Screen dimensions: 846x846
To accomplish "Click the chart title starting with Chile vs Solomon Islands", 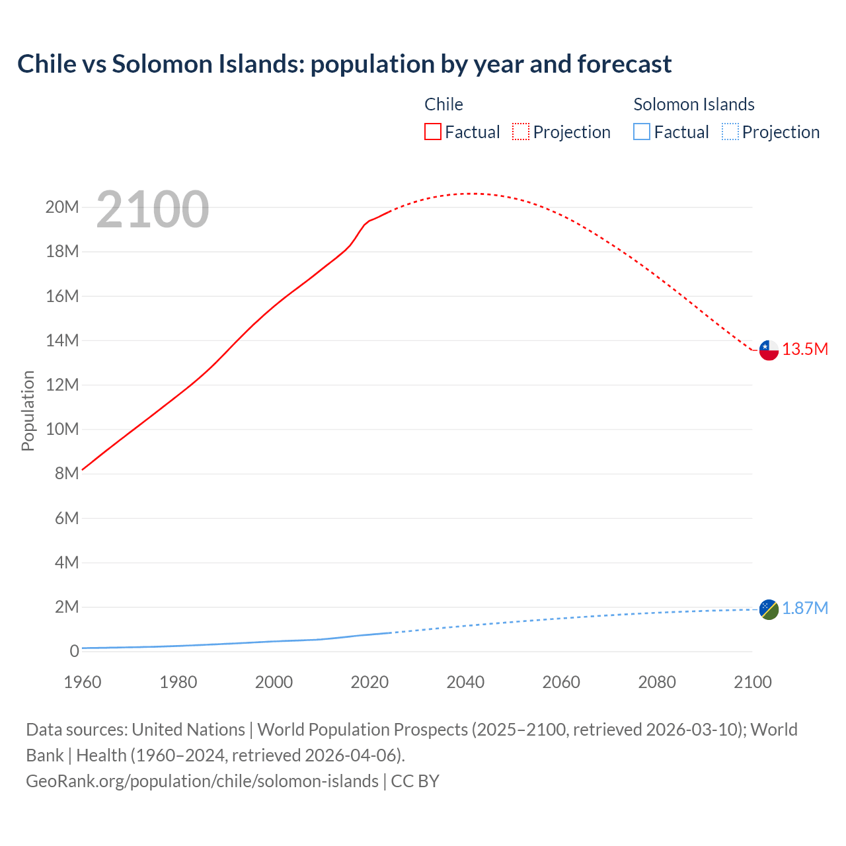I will [344, 64].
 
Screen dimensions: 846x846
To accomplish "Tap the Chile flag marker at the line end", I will [769, 350].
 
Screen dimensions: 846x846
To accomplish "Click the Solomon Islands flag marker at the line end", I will [769, 609].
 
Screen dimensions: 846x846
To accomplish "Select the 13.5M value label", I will [805, 350].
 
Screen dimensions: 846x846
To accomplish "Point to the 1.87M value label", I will [805, 609].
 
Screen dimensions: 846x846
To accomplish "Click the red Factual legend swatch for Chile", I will [433, 132].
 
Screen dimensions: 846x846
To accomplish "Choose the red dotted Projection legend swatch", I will [521, 132].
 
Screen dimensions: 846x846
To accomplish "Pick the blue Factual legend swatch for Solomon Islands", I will [642, 132].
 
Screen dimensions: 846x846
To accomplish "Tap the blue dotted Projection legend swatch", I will [730, 132].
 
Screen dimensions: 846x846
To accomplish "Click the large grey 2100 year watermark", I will [153, 210].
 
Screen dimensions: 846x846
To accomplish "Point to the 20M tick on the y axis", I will [62, 208].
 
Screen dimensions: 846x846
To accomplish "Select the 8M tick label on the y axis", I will [67, 474].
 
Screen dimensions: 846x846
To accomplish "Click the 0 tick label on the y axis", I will [74, 652].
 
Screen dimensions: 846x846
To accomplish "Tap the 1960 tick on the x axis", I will [83, 682].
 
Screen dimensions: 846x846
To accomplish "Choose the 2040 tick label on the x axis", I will [465, 682].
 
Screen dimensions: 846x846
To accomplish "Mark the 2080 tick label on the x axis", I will [657, 682].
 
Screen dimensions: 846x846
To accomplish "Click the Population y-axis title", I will [28, 411].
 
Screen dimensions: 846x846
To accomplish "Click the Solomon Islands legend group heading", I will [694, 104].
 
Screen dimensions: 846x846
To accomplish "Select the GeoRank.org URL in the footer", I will [202, 781].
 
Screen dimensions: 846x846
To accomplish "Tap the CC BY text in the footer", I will [415, 781].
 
